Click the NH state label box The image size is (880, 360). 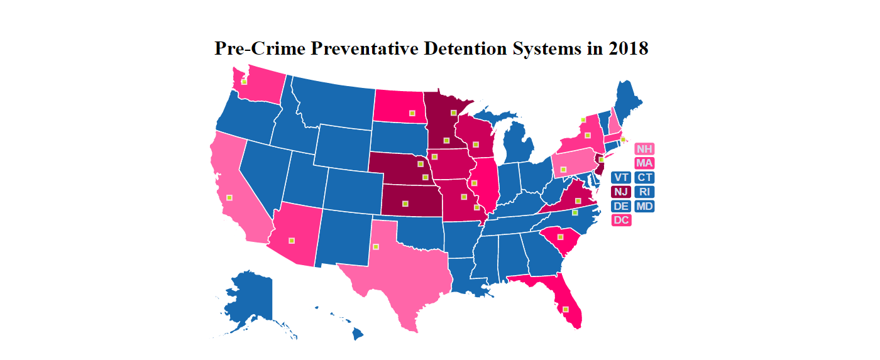click(x=644, y=149)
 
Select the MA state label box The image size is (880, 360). click(x=644, y=163)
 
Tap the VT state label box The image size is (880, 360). click(x=621, y=177)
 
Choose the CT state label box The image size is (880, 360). click(x=644, y=177)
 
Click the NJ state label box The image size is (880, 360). click(x=621, y=192)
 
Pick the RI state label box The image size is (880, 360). click(x=644, y=192)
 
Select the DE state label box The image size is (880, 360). click(x=621, y=206)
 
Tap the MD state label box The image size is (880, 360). click(x=644, y=206)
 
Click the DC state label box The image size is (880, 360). click(x=621, y=220)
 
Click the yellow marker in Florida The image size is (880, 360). click(x=566, y=309)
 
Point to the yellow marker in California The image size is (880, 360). click(x=229, y=197)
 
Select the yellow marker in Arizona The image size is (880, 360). click(x=291, y=240)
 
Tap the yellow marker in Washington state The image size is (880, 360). click(x=244, y=82)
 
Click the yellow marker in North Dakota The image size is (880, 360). click(x=412, y=113)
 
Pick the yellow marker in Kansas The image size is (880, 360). click(x=405, y=203)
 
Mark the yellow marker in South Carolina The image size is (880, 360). click(x=559, y=237)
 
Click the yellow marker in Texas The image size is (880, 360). click(x=376, y=246)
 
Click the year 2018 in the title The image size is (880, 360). click(x=628, y=48)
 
